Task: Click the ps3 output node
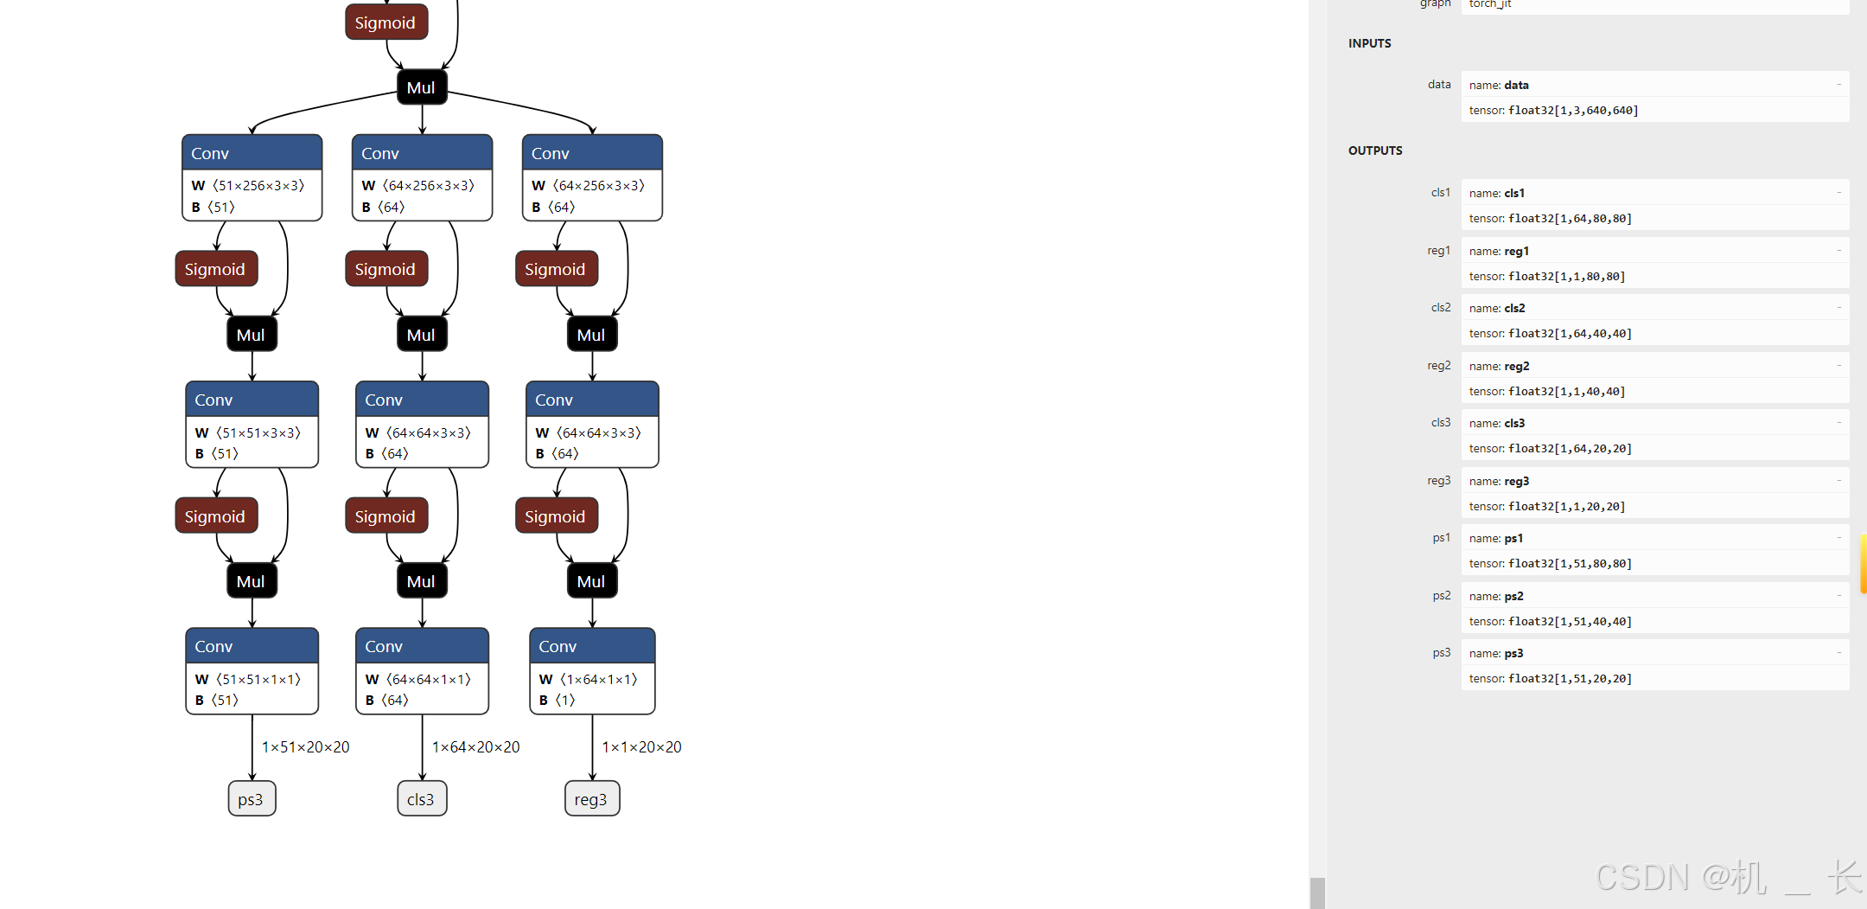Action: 252,799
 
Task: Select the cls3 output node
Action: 422,799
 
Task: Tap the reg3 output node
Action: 592,799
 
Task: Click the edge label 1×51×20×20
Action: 306,747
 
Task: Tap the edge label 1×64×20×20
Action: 476,747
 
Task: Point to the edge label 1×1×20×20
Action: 642,747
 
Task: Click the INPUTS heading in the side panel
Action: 1370,43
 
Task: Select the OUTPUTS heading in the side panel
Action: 1375,150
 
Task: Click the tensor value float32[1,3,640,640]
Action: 1573,110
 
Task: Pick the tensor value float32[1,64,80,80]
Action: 1570,218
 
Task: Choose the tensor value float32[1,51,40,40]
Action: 1570,621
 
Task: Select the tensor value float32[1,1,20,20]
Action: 1566,506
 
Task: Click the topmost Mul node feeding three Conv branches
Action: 422,87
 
